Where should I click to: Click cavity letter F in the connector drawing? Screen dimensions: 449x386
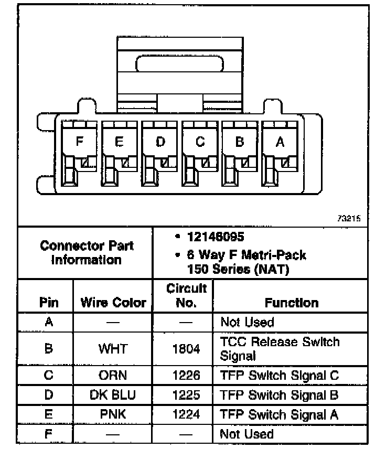[79, 142]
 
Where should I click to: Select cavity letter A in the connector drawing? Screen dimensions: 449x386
[280, 142]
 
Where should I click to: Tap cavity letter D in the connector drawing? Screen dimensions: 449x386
[160, 142]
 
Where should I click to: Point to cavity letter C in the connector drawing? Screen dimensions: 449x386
[200, 142]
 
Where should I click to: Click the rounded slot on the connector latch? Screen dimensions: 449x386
[180, 65]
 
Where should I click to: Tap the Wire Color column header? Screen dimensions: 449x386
[113, 303]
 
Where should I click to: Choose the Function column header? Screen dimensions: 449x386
[291, 303]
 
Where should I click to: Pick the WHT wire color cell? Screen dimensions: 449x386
[113, 349]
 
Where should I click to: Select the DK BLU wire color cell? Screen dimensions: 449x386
[113, 394]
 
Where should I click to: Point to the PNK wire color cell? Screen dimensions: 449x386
[113, 414]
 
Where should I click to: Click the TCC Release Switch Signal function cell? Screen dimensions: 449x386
[280, 349]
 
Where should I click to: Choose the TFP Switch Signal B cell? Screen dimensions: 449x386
[279, 394]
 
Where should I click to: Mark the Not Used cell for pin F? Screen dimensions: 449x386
[246, 434]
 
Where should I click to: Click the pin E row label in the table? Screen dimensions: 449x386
[48, 414]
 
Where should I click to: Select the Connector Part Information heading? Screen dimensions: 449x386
[87, 252]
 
